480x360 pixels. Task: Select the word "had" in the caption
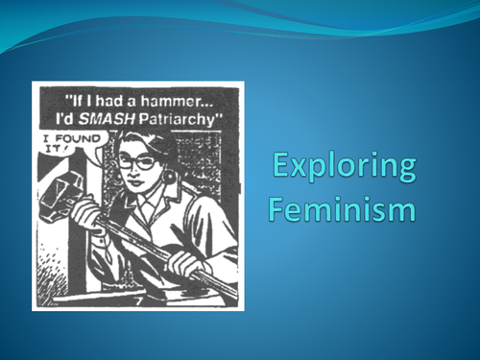point(116,98)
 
